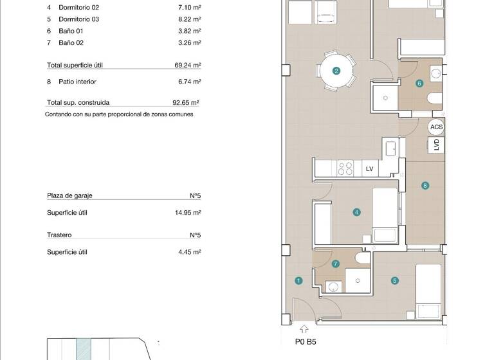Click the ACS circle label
pos(437,127)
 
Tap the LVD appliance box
pos(437,145)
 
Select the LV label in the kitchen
pos(369,168)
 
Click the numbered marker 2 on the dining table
pos(336,71)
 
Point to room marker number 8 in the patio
pos(425,186)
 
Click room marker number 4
pos(356,212)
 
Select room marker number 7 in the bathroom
pos(336,264)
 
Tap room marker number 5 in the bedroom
pos(394,280)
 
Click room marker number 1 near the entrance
pos(298,280)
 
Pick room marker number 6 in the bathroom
pos(419,83)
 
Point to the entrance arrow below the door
pos(304,330)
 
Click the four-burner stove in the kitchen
pos(345,168)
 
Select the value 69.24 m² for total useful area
pos(188,66)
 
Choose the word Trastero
pos(59,235)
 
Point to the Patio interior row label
pos(72,82)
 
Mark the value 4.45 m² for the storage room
pos(190,252)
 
